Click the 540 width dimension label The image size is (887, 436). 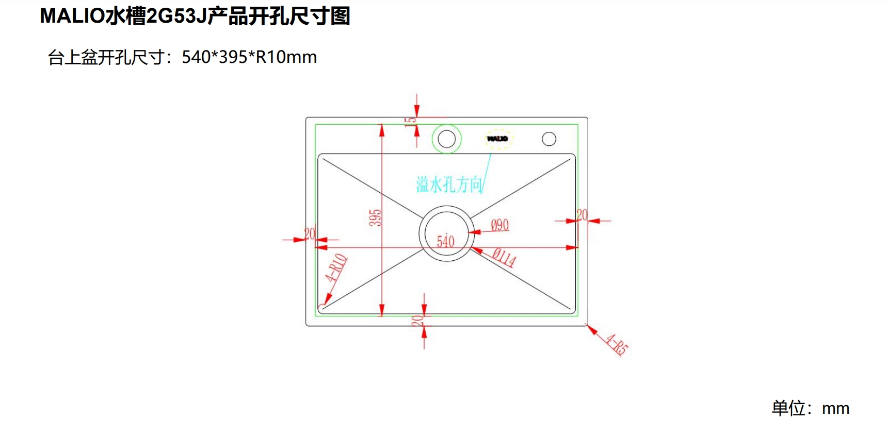[x=445, y=241]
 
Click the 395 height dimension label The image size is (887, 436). [x=376, y=217]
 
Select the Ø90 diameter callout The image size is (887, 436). [x=499, y=225]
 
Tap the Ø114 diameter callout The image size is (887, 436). [x=504, y=257]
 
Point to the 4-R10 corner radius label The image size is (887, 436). [x=336, y=267]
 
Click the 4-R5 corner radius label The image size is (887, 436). [x=617, y=345]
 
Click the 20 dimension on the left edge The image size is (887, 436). [x=310, y=233]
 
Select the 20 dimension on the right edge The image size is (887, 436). [x=582, y=214]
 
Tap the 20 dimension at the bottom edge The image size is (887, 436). [x=417, y=321]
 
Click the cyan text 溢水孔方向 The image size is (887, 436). [x=449, y=184]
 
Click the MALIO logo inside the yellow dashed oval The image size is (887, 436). [x=498, y=139]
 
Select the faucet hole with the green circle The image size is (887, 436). [x=446, y=139]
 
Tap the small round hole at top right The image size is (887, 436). [x=549, y=139]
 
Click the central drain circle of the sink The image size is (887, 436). [x=446, y=233]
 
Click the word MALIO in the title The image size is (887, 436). [x=72, y=16]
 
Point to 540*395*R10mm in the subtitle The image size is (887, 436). [x=249, y=57]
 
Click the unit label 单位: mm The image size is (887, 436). [x=810, y=408]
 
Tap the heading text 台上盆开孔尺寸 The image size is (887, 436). [x=106, y=57]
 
